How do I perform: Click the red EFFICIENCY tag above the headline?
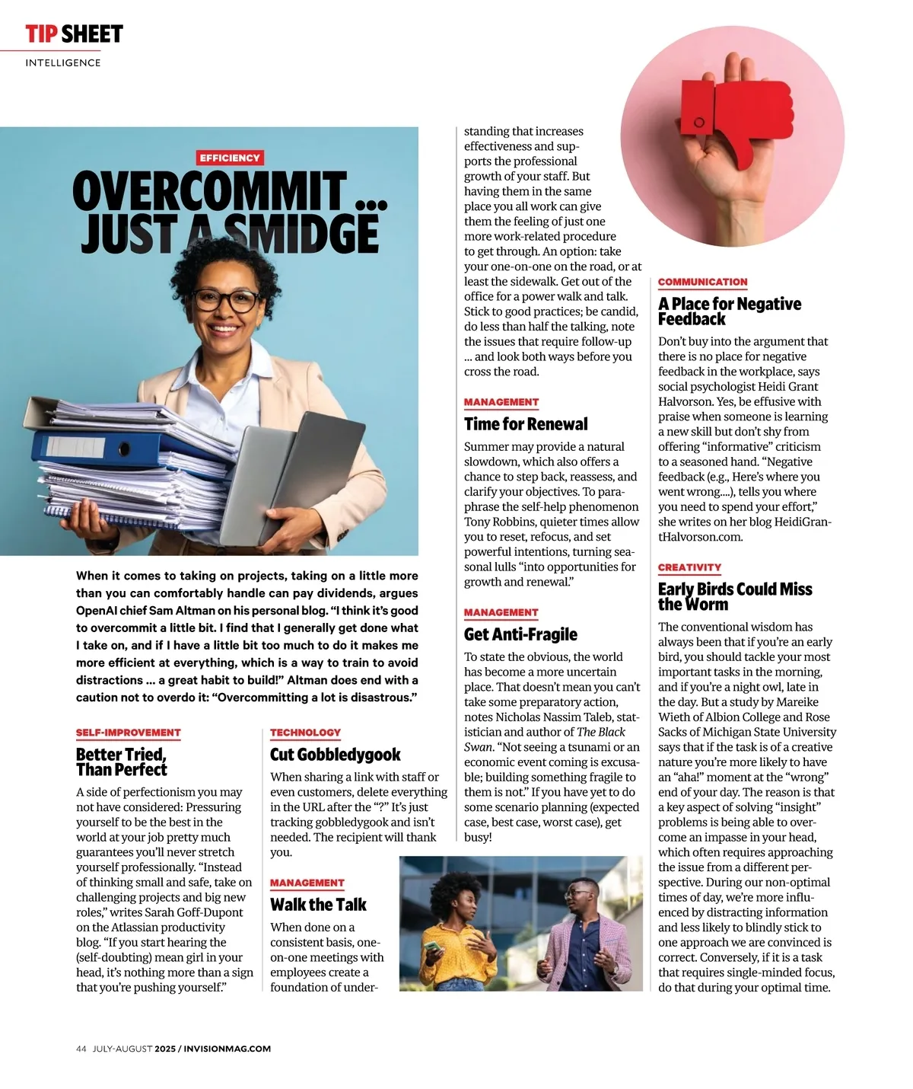230,158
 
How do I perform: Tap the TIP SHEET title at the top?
74,34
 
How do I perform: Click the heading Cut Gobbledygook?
335,755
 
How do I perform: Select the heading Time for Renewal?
526,424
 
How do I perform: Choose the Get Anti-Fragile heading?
520,634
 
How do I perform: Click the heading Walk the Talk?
318,905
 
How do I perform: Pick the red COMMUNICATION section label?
702,282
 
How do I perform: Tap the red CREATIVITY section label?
689,567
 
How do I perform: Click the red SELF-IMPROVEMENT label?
128,733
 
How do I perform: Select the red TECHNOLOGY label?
305,733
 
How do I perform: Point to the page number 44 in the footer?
81,1049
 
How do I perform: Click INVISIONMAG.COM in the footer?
227,1049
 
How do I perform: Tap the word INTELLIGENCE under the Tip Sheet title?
63,63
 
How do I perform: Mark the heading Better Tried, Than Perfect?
122,762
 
